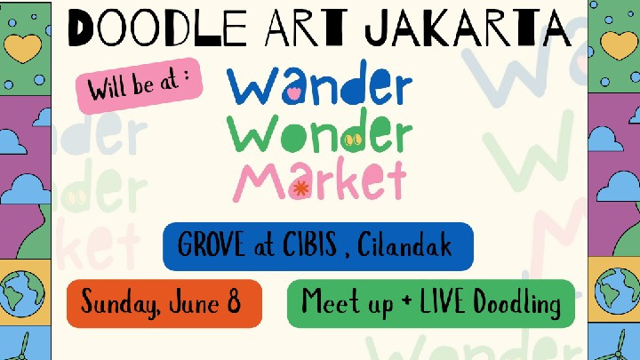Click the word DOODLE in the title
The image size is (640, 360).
click(157, 28)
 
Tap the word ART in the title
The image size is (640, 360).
click(306, 28)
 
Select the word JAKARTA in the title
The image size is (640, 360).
click(468, 28)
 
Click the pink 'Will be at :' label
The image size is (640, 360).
click(140, 85)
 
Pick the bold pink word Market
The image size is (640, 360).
click(320, 180)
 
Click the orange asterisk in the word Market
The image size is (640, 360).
click(300, 188)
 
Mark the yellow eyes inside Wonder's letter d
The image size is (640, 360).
click(354, 140)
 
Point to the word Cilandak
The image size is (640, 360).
click(404, 244)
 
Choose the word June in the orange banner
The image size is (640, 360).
click(195, 302)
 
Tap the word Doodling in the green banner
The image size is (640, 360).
click(516, 304)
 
